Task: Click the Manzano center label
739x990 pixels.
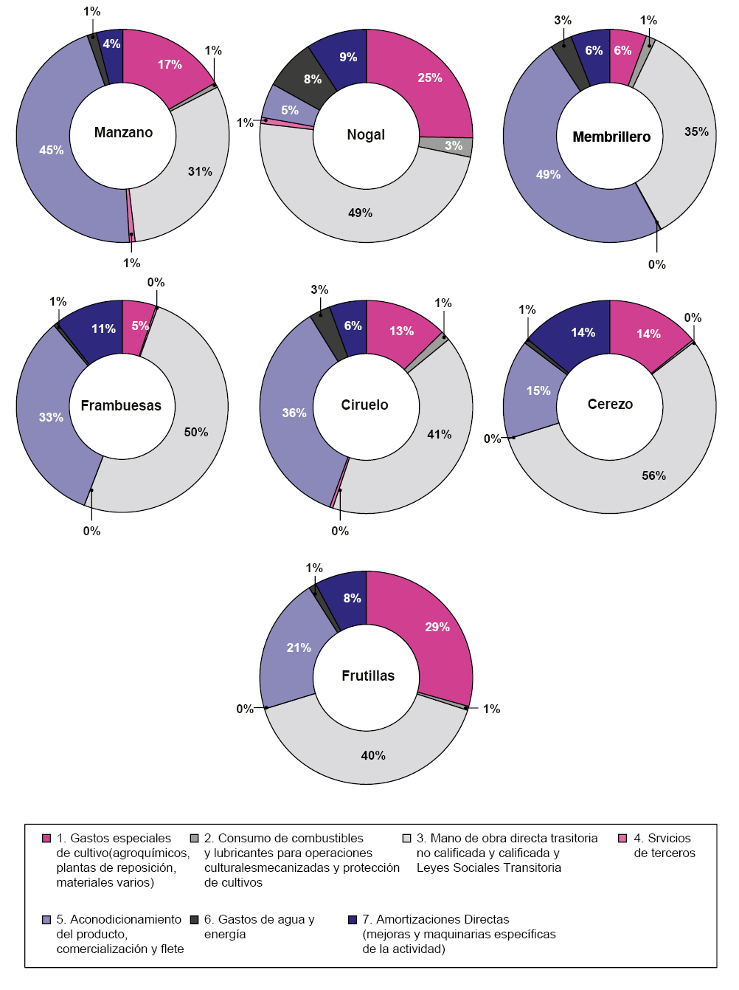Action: pyautogui.click(x=123, y=133)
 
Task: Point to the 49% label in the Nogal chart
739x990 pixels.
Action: pyautogui.click(x=360, y=213)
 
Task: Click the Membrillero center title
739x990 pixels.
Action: pyautogui.click(x=611, y=137)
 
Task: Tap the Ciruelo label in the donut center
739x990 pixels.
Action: pyautogui.click(x=364, y=405)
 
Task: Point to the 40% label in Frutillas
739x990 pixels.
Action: pyautogui.click(x=373, y=756)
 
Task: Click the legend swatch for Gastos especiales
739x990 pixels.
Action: pyautogui.click(x=46, y=839)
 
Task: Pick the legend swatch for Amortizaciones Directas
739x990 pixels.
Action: pyautogui.click(x=353, y=920)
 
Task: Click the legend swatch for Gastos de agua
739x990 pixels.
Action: pyautogui.click(x=194, y=920)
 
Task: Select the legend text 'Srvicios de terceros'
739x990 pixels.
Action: pyautogui.click(x=664, y=846)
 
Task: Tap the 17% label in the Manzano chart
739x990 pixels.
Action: pyautogui.click(x=170, y=65)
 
